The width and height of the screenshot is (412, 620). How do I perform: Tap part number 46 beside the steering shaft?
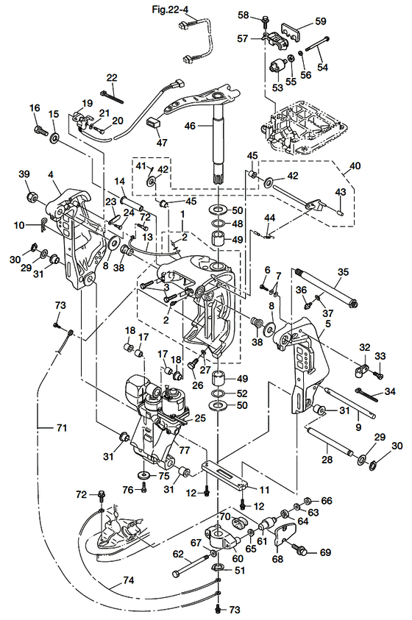(190, 126)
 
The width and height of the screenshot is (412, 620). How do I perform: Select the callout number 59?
(321, 21)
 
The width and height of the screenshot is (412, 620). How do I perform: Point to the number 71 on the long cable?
(62, 427)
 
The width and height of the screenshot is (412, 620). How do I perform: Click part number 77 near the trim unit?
(185, 450)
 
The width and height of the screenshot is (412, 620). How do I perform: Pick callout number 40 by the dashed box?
(355, 165)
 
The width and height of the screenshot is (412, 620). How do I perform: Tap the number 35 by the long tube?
(343, 271)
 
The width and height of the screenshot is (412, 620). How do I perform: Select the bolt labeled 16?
(40, 129)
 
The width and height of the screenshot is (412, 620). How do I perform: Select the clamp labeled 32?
(360, 370)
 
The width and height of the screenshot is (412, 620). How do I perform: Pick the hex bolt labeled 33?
(379, 374)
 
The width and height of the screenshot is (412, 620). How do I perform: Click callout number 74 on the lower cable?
(129, 580)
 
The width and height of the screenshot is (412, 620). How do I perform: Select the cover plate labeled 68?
(285, 534)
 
